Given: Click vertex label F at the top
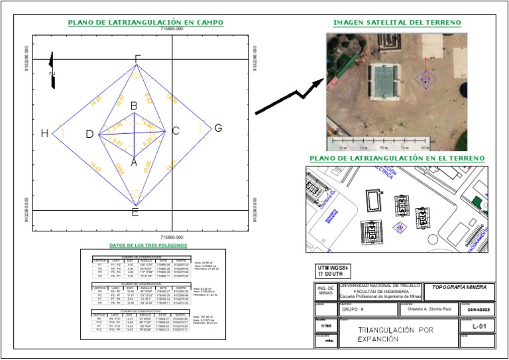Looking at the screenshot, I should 137,59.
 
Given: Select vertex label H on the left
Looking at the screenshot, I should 44,133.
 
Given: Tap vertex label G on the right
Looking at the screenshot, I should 217,128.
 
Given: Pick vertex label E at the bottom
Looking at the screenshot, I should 135,212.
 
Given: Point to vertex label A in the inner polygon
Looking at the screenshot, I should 134,161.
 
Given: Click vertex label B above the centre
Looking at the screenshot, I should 134,105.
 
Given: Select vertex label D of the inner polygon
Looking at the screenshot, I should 89,135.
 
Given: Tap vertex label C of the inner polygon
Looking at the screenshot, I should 175,131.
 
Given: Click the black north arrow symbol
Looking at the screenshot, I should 53,70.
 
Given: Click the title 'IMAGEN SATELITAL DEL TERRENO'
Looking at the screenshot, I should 397,23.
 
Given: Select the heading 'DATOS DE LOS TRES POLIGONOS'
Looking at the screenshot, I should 148,245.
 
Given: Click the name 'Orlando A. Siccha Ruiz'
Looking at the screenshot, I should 424,309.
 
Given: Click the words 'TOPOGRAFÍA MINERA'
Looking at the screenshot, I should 459,287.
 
